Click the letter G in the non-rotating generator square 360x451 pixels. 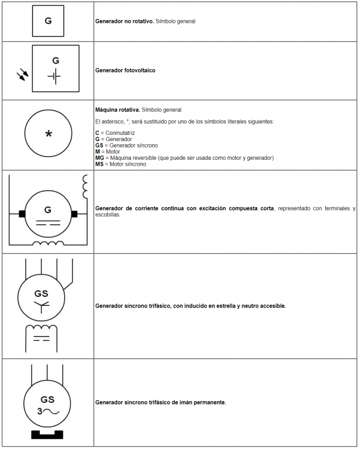(x=48, y=21)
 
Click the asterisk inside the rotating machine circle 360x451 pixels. (x=48, y=134)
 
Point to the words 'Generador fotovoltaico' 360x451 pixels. (x=125, y=70)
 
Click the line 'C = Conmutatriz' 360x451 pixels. (x=115, y=133)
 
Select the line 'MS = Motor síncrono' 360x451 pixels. (x=120, y=164)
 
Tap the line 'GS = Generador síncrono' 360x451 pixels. (x=127, y=146)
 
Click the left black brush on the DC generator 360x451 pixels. (x=22, y=214)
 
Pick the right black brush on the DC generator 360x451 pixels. (x=74, y=214)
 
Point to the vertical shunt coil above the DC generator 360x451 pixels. (x=85, y=187)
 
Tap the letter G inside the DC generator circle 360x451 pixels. (x=48, y=209)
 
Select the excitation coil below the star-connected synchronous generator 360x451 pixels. (x=41, y=328)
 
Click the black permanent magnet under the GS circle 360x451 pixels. (x=47, y=434)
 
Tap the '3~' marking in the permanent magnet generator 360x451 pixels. (x=47, y=412)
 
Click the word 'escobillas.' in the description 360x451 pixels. (x=108, y=215)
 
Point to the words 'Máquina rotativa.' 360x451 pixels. (x=117, y=110)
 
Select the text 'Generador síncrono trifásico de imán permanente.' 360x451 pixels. (x=160, y=402)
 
